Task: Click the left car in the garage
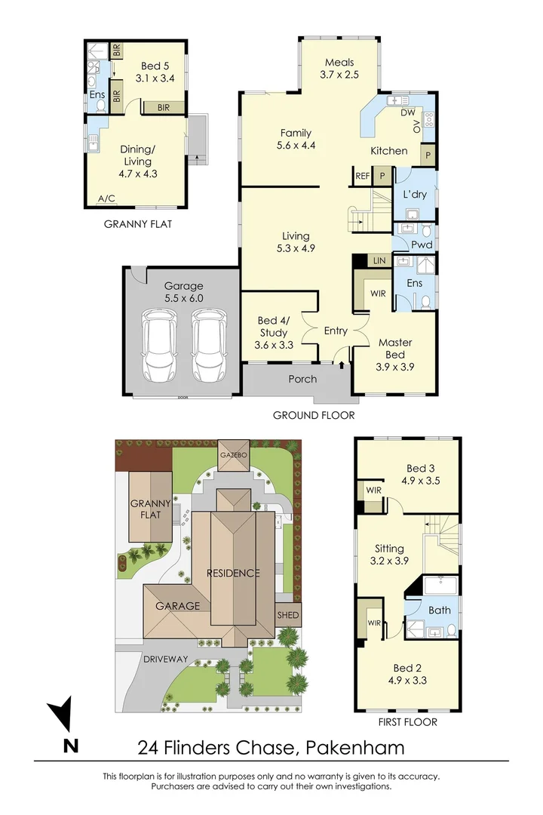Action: click(x=160, y=348)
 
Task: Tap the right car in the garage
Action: click(x=207, y=348)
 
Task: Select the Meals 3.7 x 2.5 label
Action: click(x=339, y=69)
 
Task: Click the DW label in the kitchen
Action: click(x=409, y=112)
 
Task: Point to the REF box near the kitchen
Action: click(x=361, y=175)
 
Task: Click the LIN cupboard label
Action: click(x=379, y=260)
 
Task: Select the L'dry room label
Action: click(x=415, y=195)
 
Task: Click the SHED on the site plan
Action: click(x=288, y=615)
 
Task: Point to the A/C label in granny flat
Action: click(x=106, y=199)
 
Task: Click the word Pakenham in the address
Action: click(x=356, y=748)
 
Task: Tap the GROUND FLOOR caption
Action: click(x=314, y=415)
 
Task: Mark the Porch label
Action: click(x=302, y=379)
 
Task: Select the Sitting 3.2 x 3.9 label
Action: click(x=390, y=555)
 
